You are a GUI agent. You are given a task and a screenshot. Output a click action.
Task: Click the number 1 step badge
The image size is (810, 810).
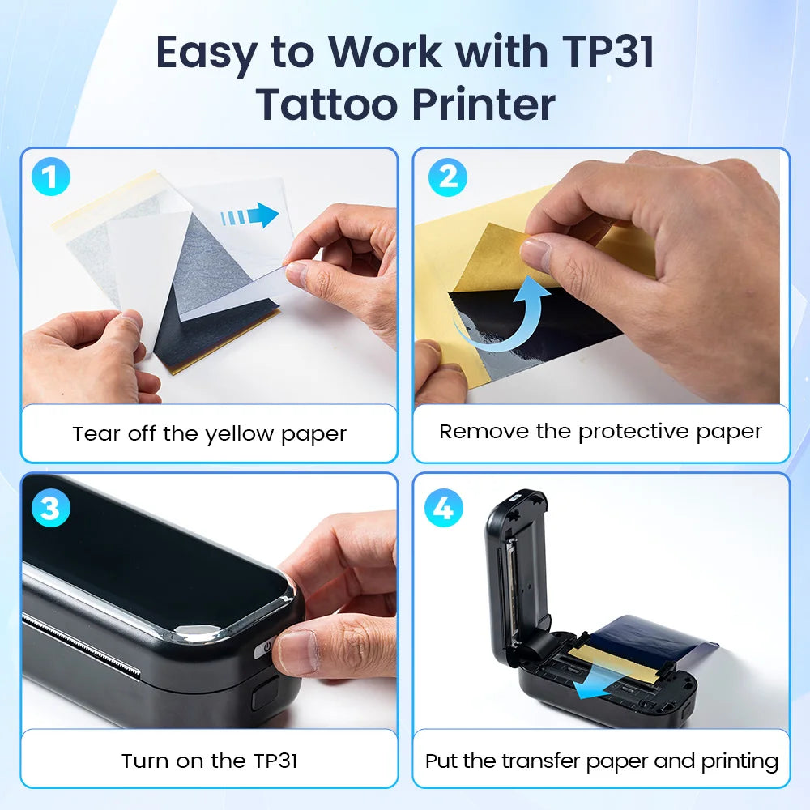(x=50, y=177)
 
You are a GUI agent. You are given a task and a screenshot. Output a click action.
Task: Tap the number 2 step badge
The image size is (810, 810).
(x=448, y=177)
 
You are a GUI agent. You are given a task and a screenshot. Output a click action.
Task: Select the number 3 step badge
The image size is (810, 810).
(x=50, y=508)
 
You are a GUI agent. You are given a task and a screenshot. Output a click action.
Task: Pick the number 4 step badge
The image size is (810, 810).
(x=444, y=508)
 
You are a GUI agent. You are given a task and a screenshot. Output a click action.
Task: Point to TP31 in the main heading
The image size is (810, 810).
(x=608, y=52)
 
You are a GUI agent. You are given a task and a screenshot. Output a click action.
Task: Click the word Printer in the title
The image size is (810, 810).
(x=484, y=104)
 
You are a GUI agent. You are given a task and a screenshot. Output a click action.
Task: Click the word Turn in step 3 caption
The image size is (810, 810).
(x=145, y=761)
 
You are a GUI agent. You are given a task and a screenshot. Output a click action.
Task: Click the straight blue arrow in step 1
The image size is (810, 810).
(x=249, y=215)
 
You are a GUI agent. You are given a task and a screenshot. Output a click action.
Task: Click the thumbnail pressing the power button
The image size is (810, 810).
(x=295, y=652)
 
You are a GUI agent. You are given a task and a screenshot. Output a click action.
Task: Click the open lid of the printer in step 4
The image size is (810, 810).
(x=517, y=569)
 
